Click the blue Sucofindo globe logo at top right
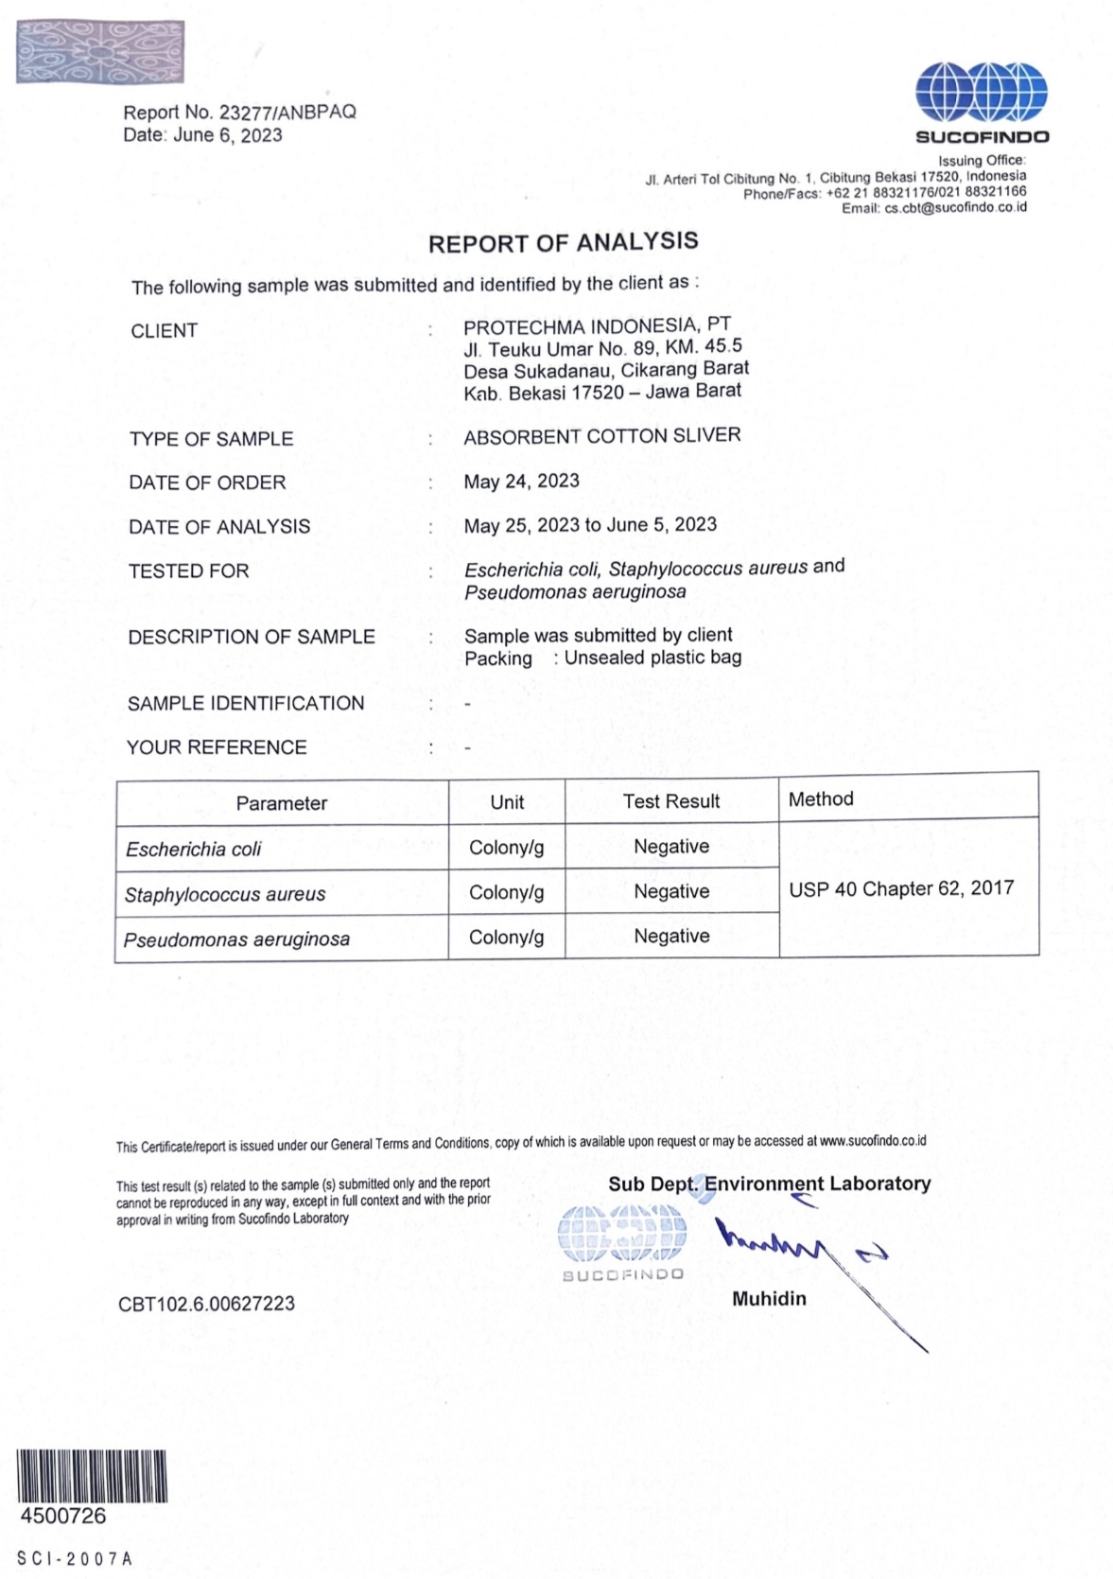(x=981, y=92)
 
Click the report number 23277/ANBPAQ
(x=287, y=112)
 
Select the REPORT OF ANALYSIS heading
(x=563, y=242)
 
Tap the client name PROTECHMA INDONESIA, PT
(x=597, y=326)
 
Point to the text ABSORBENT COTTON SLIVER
(x=601, y=436)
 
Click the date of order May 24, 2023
(x=521, y=482)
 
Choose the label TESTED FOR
(x=188, y=571)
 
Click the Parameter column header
(x=281, y=803)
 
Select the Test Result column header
(x=670, y=801)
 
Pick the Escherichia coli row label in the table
(x=193, y=850)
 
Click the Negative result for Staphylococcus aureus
(x=671, y=891)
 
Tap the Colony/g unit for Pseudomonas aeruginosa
(x=506, y=938)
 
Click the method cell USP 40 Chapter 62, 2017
(x=900, y=888)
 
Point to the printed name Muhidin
(x=769, y=1299)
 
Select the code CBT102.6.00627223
(x=206, y=1304)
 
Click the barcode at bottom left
(x=92, y=1476)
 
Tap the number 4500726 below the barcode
(x=63, y=1516)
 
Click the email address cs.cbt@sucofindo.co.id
(x=955, y=208)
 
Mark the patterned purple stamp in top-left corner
(x=100, y=52)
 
